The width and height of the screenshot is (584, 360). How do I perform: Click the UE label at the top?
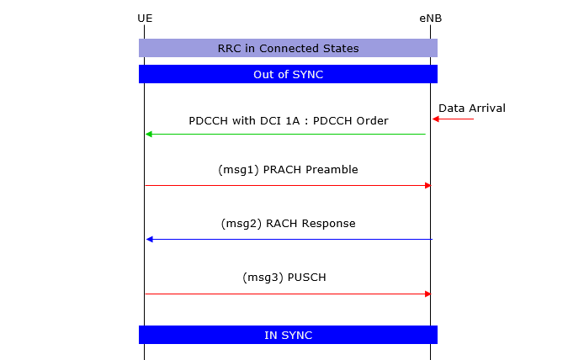[145, 19]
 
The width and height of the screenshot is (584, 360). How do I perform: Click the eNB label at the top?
[431, 19]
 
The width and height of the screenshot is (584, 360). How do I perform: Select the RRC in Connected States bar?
[288, 48]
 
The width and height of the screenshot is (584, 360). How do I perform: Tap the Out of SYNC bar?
[288, 74]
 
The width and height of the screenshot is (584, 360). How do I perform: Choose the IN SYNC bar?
[288, 335]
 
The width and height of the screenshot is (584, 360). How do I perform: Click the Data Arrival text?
[472, 109]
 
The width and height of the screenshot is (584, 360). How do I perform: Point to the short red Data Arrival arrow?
[453, 119]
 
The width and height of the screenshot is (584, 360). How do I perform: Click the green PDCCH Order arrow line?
[285, 134]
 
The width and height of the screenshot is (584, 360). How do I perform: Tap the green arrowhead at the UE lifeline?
[149, 134]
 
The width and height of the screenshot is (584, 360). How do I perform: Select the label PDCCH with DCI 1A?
[244, 121]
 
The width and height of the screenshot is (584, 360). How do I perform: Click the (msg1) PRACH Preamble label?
[288, 170]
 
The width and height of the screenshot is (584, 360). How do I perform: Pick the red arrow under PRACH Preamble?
[288, 185]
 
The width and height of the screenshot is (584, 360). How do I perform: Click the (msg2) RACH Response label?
[288, 224]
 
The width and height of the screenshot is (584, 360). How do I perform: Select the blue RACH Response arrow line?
[289, 240]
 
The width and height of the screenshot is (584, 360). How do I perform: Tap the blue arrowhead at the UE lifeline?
[150, 240]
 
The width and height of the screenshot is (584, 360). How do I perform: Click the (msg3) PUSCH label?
[284, 278]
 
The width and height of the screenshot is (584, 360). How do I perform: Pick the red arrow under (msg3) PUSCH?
[288, 294]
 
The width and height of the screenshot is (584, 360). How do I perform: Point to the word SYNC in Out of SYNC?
[308, 75]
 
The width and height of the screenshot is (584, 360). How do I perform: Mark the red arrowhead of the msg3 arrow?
[428, 294]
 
